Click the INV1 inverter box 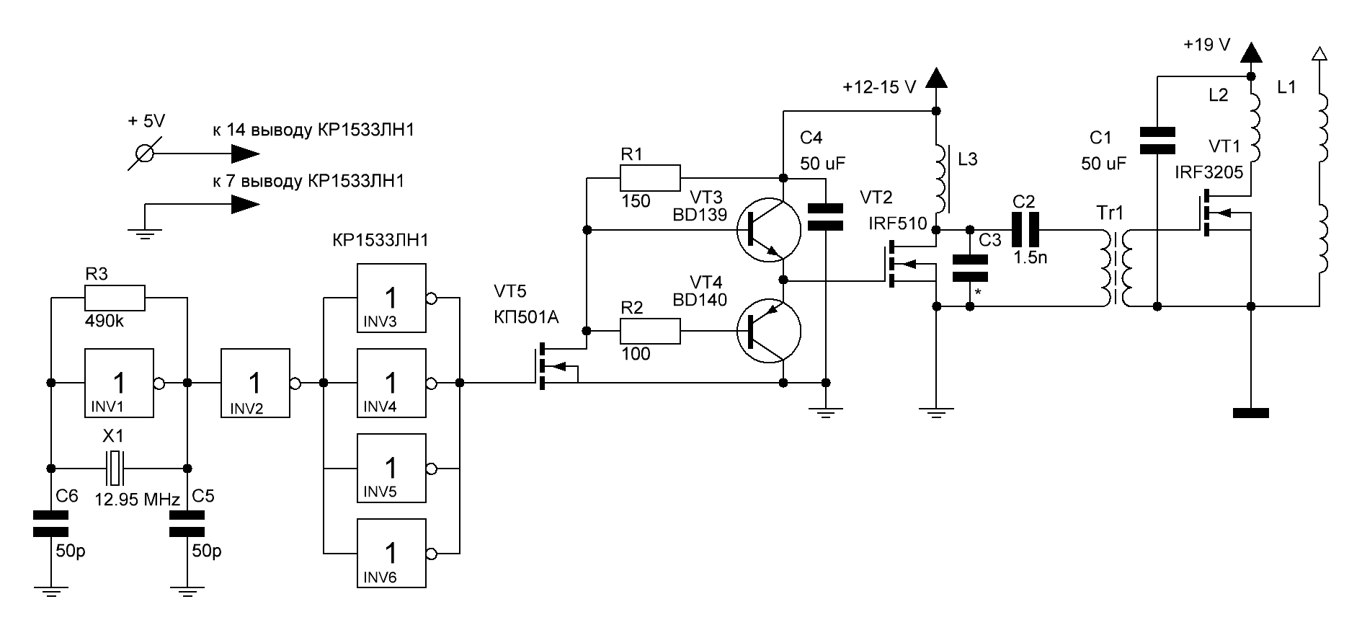click(120, 383)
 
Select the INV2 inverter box click(255, 383)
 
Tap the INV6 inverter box click(391, 553)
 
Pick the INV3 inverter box click(391, 298)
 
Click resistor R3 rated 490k click(115, 298)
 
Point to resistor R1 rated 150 click(650, 177)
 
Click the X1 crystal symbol click(115, 468)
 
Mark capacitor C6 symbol click(50, 524)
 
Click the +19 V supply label click(1207, 45)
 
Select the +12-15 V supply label click(879, 88)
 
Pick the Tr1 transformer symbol click(1116, 268)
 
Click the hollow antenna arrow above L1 click(1319, 54)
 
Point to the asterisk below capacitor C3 click(978, 292)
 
